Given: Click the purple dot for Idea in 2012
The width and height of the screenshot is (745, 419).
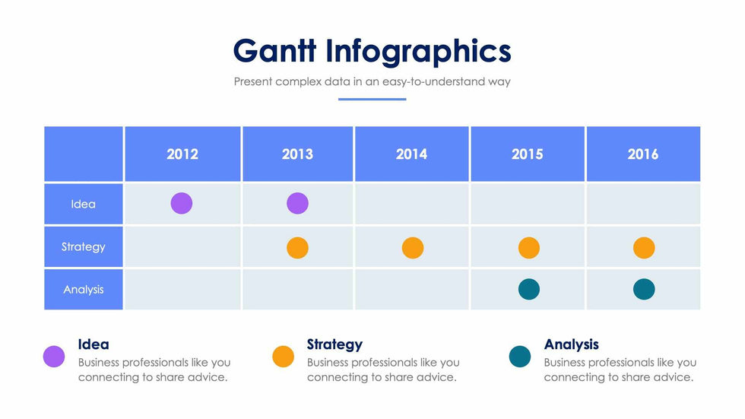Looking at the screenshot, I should pos(182,203).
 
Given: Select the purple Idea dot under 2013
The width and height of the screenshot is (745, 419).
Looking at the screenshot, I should pos(297,203).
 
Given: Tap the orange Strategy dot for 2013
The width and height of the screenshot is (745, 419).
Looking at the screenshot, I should pos(297,248).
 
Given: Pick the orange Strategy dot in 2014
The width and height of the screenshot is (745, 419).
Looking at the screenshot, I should pos(412,248).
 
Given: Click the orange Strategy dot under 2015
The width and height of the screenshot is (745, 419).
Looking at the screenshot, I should pos(528,248).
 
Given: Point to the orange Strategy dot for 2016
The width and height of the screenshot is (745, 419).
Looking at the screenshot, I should pos(643,248).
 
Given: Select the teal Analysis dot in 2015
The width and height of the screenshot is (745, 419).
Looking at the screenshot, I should pos(528,289).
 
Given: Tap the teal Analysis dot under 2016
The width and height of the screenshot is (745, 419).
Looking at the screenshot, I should pos(643,289).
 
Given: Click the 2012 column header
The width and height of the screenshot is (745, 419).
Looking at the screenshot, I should pos(182,154).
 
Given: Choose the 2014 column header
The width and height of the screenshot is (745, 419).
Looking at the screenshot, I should pos(411,154).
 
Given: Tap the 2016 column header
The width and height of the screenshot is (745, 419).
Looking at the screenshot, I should pos(642,154).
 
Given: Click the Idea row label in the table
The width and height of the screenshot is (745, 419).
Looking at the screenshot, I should pos(83,204).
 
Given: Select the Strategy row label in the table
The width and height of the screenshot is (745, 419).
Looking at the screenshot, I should pos(83,246).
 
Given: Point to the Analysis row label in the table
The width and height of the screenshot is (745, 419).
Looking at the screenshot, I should pos(83,289).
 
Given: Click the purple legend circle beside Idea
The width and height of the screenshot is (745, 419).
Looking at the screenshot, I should pos(54,356).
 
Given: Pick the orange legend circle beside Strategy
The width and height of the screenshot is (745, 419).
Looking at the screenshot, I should pos(283,356).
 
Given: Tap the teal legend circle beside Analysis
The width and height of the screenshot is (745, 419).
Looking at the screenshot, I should pos(519,356).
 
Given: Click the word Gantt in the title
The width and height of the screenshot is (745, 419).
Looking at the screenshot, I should pos(274,51).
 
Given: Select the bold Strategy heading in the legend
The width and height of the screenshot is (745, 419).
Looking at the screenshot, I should pos(334,344).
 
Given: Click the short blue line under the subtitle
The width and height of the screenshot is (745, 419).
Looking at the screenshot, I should pos(372,99).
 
